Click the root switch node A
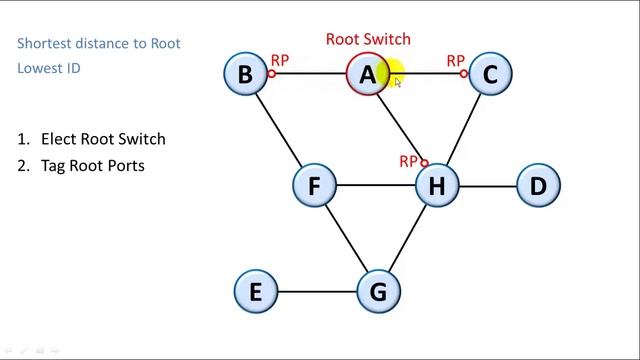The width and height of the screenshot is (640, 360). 368,74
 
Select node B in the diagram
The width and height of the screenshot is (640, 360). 246,74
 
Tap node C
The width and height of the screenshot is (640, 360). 490,74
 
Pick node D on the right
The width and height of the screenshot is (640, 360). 539,185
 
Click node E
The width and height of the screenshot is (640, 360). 256,292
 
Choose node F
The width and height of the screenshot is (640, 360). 314,185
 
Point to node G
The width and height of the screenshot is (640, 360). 378,292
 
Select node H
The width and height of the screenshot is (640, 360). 436,185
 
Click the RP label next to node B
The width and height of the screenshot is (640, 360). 280,61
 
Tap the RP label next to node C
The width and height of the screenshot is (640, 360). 456,61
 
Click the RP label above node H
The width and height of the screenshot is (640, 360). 408,160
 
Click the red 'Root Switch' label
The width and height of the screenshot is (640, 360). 368,39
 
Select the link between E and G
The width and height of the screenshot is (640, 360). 317,292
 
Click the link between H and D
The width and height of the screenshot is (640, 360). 488,185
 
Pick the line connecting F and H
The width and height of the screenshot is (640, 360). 375,185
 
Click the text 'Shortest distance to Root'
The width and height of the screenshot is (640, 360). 99,43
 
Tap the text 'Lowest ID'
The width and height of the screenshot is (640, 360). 48,68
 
